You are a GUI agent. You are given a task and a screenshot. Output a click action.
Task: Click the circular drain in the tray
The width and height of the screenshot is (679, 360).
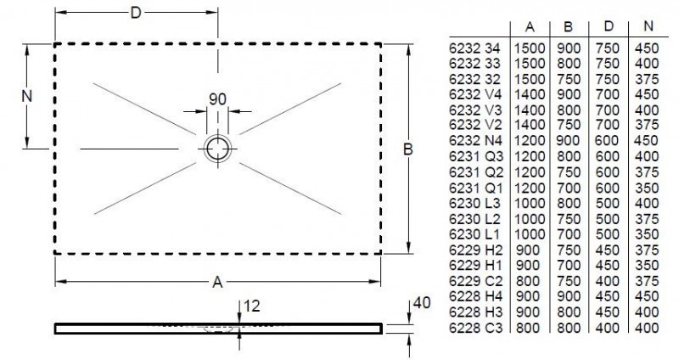[218, 148]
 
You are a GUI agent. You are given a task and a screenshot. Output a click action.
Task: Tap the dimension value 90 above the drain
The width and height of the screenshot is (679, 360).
[217, 98]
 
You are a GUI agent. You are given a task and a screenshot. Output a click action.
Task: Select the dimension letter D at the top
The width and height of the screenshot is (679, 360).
[136, 12]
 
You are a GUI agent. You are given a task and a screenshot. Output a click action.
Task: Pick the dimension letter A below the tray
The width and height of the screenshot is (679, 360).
[217, 281]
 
